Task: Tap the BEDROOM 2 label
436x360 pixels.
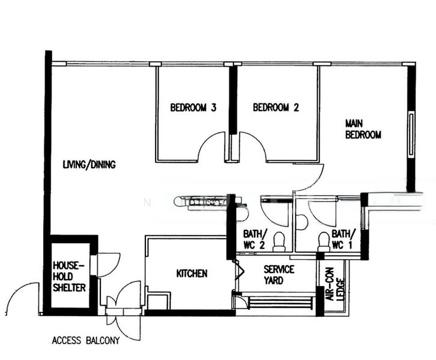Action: (276, 108)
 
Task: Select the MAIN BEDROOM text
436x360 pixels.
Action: (363, 129)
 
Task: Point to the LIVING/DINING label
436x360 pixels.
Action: (89, 164)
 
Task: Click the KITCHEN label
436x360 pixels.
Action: (192, 274)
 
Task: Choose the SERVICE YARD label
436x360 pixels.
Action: (279, 275)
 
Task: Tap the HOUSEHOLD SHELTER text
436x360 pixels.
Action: (70, 276)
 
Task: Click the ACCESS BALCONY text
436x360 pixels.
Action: (85, 341)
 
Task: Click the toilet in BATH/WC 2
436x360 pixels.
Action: (279, 242)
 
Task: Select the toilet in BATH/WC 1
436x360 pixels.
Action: (324, 241)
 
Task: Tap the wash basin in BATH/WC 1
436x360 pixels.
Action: (302, 222)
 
